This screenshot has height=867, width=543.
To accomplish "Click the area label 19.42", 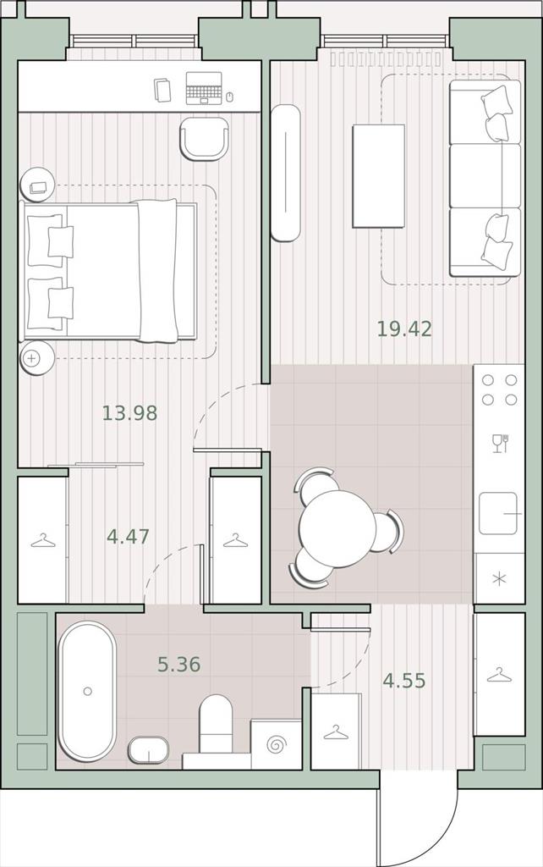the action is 404,329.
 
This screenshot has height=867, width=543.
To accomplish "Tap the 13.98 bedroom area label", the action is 129,413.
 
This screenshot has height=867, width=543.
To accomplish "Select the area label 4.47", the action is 129,536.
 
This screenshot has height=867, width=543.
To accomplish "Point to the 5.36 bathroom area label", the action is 179,664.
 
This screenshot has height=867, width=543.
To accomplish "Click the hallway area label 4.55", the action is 404,681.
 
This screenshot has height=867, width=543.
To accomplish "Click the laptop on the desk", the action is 204,88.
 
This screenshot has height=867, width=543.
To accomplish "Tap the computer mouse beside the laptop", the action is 230,97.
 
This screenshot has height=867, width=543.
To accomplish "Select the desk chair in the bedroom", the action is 205,139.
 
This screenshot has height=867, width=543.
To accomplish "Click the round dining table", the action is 337,528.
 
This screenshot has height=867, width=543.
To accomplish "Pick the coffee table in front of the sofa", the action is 378,176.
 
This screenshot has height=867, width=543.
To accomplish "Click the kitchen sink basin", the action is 498,514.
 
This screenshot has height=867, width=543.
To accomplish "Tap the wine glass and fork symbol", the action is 500,444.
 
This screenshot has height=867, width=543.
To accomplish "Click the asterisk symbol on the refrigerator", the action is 499,579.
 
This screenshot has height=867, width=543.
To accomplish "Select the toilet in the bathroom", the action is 216,723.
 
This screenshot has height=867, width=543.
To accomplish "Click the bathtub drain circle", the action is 87,691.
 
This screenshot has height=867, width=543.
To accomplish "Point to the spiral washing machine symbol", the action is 276,745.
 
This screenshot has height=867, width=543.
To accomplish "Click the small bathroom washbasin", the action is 149,750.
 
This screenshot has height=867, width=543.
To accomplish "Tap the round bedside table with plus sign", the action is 37,358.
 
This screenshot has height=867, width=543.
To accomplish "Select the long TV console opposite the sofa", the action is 286,173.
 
